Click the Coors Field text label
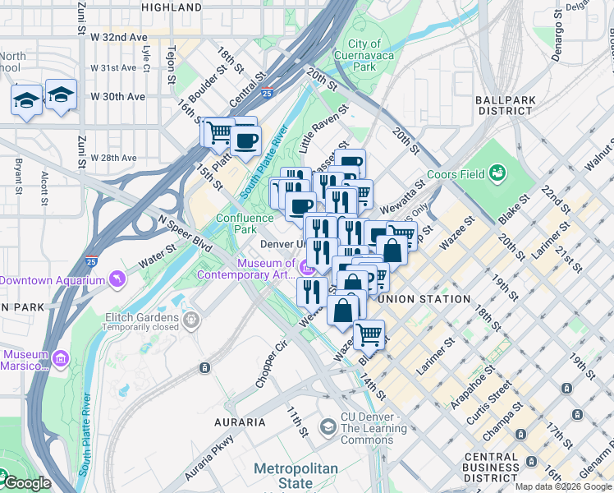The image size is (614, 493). (447, 186)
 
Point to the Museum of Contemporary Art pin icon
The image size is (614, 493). (307, 266)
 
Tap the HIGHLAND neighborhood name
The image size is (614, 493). (172, 7)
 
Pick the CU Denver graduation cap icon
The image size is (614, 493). (328, 426)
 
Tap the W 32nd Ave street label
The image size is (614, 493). (119, 38)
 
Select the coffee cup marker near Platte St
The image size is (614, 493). (245, 140)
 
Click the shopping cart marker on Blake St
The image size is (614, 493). (369, 334)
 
